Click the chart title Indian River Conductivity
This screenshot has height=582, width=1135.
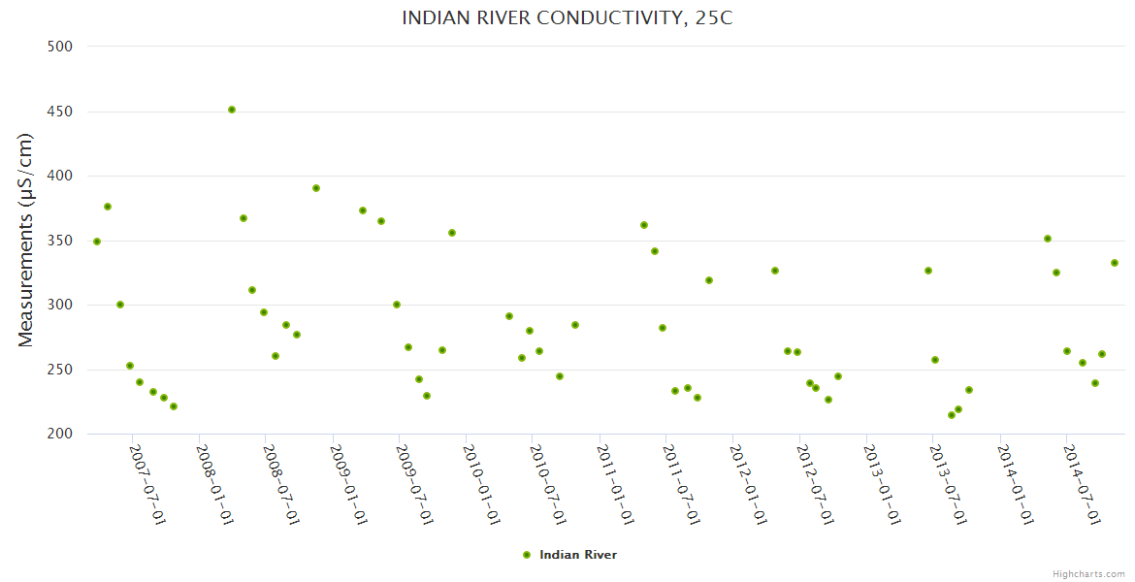567,18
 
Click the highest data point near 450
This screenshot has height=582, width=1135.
232,110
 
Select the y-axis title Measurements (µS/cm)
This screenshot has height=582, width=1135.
26,240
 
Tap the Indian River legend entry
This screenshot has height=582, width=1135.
577,555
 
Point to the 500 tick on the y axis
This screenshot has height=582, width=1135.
61,46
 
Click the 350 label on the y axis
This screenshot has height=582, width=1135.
61,241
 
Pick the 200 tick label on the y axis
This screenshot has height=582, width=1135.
61,434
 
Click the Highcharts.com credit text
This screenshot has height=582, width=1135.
1088,574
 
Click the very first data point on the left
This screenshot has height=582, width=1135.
97,242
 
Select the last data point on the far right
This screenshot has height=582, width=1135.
1115,263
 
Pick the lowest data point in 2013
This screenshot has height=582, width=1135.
952,415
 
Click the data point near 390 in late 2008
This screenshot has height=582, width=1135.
316,188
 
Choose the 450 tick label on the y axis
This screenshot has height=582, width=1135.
61,112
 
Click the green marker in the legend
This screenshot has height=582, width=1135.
527,555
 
